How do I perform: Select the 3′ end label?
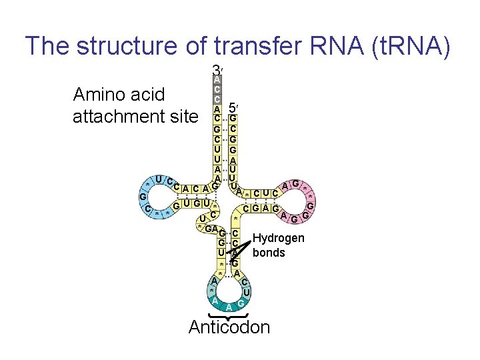[217, 70]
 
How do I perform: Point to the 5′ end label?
[233, 107]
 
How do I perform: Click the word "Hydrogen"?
[279, 239]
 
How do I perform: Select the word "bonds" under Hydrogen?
[269, 253]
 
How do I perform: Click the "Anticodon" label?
[229, 327]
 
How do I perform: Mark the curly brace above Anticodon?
[229, 315]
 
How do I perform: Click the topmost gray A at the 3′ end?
[217, 79]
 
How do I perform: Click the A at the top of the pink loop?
[285, 185]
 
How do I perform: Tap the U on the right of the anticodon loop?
[246, 292]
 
